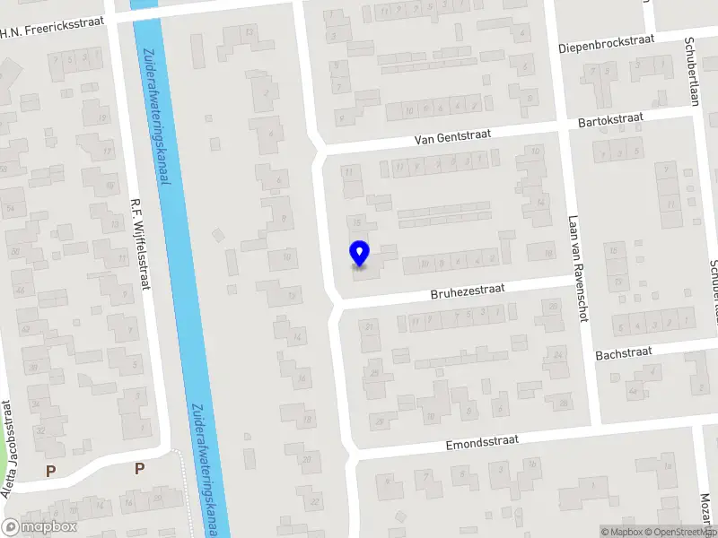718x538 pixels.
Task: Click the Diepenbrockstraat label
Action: click(607, 43)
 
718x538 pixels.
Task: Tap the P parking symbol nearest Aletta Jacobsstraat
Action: click(50, 471)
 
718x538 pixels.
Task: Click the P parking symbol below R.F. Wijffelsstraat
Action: click(139, 468)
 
